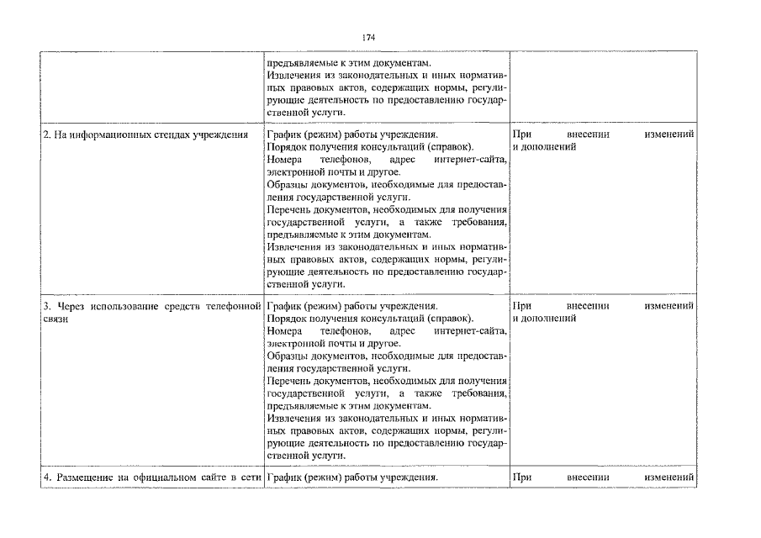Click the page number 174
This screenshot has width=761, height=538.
[367, 38]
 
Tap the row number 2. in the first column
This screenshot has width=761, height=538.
[47, 134]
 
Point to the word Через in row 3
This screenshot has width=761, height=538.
[71, 306]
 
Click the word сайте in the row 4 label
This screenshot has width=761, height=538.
[219, 477]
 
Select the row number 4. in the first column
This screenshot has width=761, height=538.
[47, 477]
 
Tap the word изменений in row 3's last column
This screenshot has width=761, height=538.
[669, 306]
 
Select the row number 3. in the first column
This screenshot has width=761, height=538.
[47, 306]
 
